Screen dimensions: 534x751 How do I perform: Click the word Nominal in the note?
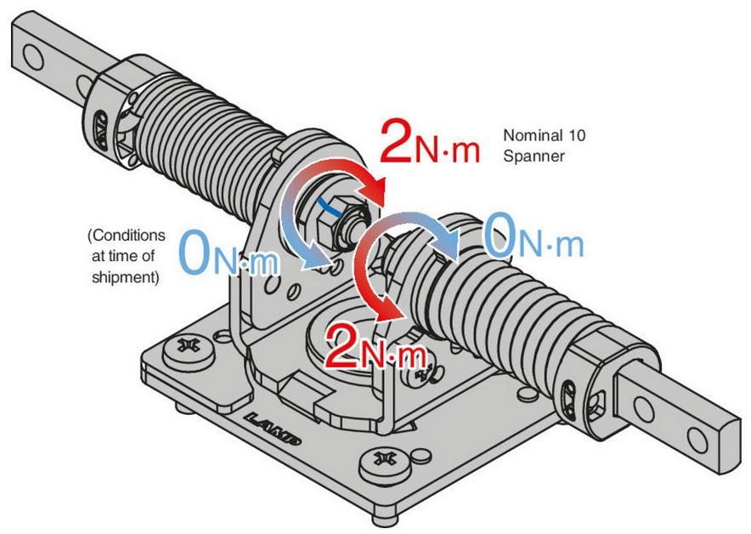click(527, 135)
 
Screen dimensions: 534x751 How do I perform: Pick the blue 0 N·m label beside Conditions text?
click(229, 254)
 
